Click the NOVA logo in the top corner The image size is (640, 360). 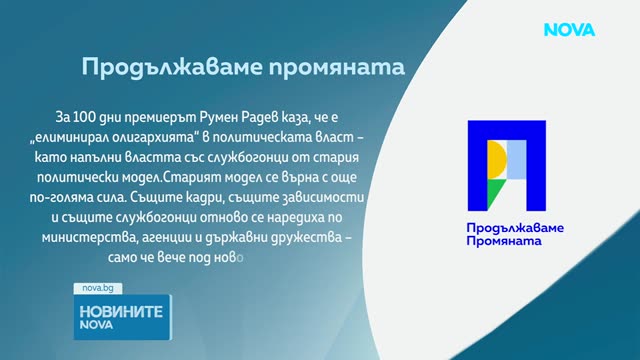(569, 30)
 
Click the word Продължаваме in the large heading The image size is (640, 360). (172, 67)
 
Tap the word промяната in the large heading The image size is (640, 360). (337, 68)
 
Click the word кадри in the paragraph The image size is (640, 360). (204, 198)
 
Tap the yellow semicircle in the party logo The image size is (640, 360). (497, 159)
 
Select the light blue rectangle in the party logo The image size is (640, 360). (516, 160)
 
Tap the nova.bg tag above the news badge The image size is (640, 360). (98, 288)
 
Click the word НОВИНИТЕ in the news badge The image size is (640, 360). (121, 312)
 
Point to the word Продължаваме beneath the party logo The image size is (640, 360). (515, 228)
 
